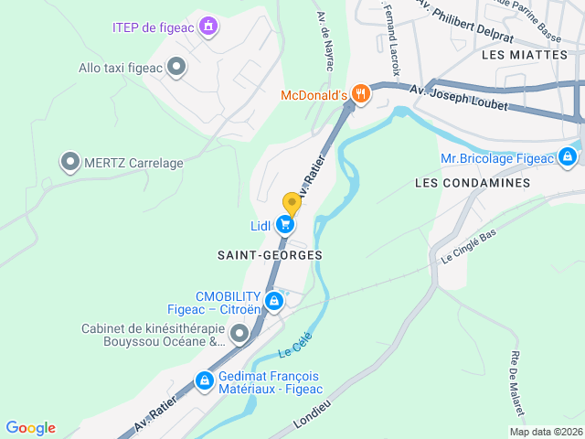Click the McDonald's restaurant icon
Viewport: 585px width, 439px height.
point(362,93)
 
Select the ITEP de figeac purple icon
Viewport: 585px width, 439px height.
point(208,26)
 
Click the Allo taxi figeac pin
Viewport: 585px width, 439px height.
point(177,67)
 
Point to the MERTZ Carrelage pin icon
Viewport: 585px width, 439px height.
point(69,163)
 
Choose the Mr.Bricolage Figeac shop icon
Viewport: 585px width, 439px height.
point(568,158)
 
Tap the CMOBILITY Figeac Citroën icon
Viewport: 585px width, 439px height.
point(272,301)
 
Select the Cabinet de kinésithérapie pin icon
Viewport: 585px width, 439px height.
point(239,335)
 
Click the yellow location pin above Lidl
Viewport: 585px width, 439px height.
point(292,203)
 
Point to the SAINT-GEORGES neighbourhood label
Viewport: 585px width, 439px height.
point(270,253)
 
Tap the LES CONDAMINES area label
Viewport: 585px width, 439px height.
point(473,183)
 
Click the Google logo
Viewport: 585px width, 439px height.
point(30,428)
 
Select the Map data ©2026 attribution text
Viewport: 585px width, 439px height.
point(545,432)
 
